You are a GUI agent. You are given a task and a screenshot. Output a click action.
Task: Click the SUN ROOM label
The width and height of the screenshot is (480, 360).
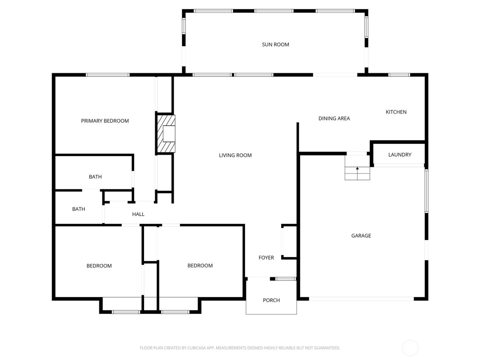[x=275, y=45]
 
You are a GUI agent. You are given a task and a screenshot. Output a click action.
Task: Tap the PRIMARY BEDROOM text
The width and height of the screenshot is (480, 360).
[x=105, y=121]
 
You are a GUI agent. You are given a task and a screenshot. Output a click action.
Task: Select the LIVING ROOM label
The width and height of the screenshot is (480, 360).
[x=235, y=155]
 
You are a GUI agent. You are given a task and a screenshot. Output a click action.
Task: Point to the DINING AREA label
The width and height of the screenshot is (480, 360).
[x=334, y=119]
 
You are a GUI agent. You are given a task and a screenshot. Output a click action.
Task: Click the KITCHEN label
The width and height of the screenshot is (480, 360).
[x=396, y=112]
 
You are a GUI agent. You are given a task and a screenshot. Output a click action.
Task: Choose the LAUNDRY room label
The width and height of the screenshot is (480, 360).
[x=399, y=155]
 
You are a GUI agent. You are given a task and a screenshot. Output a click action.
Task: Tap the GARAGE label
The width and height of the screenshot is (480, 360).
[x=361, y=236]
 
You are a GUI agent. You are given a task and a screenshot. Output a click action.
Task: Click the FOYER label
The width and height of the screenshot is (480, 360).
[x=266, y=258]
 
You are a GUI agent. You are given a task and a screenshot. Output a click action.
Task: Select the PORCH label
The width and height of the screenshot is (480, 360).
[x=271, y=300]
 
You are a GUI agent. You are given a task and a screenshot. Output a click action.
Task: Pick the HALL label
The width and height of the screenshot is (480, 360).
[x=138, y=214]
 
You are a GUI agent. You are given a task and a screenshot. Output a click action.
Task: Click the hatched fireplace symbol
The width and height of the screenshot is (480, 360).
[x=166, y=134]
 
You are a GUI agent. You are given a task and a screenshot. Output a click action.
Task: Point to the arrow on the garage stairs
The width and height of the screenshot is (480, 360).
[x=357, y=169]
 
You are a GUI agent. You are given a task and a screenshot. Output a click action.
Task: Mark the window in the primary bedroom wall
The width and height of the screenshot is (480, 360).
[x=107, y=75]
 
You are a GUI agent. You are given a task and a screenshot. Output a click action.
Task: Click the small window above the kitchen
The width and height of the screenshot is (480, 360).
[x=399, y=75]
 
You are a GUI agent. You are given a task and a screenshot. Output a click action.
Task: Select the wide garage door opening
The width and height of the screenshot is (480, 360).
[x=361, y=299]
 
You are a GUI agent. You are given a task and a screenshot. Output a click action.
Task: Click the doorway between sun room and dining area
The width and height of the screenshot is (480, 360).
[x=335, y=75]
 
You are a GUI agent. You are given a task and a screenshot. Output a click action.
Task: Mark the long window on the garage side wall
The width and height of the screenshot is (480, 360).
[x=427, y=191]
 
